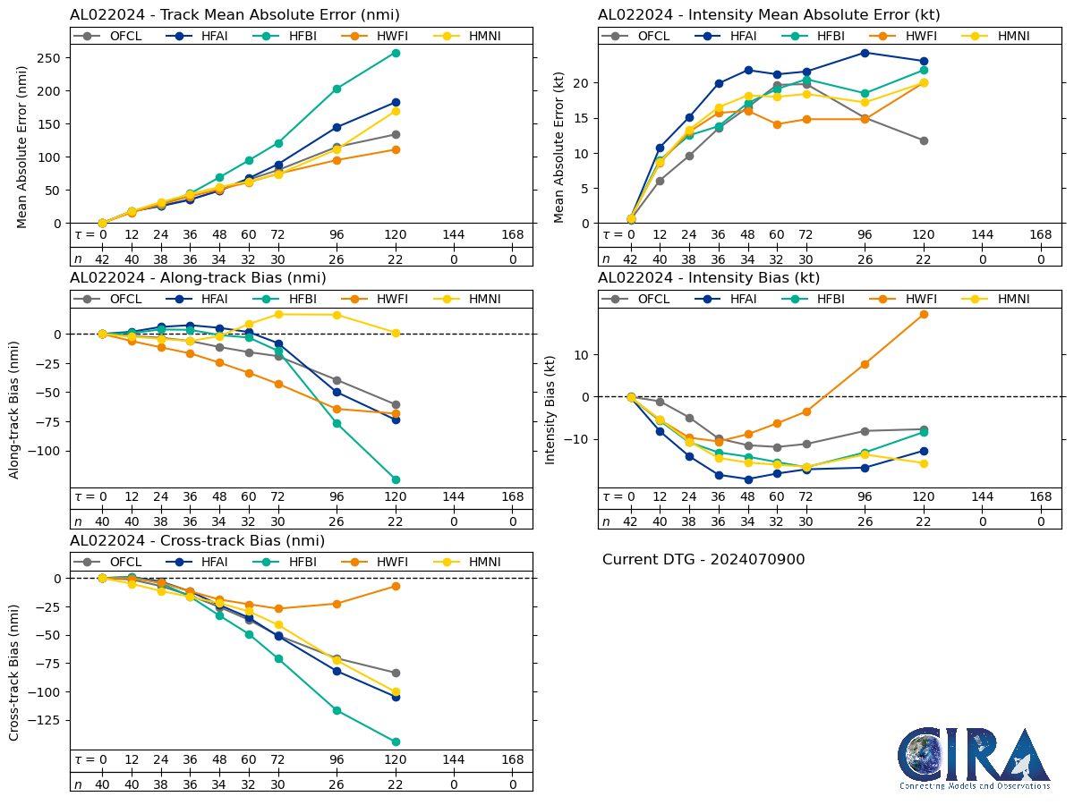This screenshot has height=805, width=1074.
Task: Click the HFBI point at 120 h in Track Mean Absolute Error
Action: coord(396,53)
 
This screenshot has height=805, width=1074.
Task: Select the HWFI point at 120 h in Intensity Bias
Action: coord(924,314)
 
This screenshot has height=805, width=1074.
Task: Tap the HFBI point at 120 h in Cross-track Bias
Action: coord(396,741)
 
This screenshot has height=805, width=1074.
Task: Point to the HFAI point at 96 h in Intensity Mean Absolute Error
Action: coord(865,53)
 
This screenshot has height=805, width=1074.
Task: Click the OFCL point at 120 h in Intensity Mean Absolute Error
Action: coord(924,140)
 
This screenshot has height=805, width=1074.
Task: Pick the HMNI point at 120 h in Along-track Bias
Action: coord(396,333)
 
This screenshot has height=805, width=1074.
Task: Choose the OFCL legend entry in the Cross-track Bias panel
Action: coord(112,562)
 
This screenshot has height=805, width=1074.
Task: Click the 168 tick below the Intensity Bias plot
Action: coord(1041,497)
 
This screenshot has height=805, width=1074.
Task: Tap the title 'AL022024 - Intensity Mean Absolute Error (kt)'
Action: coord(769,14)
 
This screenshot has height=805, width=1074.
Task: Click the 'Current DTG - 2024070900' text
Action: coord(703,560)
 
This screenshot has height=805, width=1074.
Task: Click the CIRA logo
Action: coord(974,758)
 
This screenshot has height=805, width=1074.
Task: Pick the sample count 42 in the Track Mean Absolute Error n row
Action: coord(102,258)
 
